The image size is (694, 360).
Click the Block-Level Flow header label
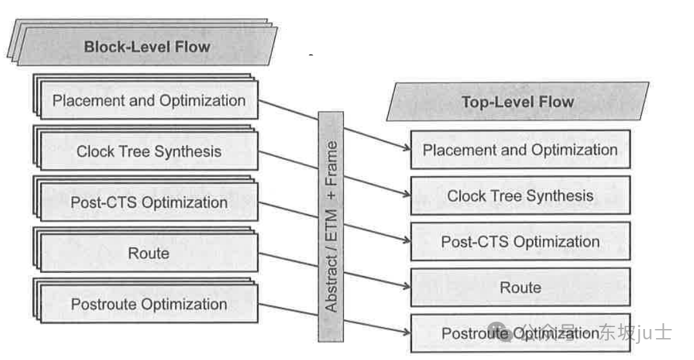(147, 46)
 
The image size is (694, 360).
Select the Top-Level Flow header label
(517, 101)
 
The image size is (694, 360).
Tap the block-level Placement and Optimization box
(148, 101)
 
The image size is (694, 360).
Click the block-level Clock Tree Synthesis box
(148, 152)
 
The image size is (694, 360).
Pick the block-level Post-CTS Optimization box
(148, 203)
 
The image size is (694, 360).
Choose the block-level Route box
(148, 253)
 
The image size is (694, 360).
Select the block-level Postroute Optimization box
(148, 304)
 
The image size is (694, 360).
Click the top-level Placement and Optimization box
(520, 150)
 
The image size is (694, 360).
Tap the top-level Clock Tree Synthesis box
(520, 195)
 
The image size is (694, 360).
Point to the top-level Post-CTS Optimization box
(520, 242)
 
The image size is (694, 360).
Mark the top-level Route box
(520, 287)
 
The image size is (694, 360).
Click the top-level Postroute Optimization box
(520, 333)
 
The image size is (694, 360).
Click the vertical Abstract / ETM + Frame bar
(331, 226)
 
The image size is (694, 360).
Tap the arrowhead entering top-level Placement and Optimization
(407, 148)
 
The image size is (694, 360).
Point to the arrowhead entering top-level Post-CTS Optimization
(407, 240)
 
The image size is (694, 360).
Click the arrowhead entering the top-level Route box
(407, 286)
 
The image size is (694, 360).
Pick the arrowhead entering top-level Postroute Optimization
(407, 332)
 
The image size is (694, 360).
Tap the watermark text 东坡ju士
(635, 332)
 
